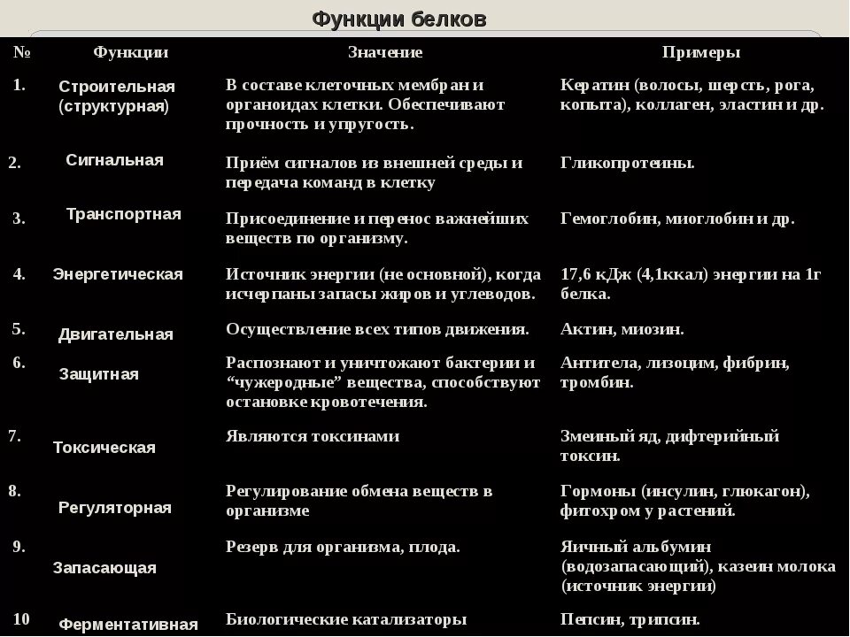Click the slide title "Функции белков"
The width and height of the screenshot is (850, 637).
(x=398, y=19)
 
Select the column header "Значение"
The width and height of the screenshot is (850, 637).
(x=384, y=52)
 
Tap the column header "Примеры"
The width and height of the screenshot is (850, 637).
(x=700, y=52)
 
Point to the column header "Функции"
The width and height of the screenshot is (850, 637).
(x=130, y=52)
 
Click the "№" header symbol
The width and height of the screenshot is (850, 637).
(x=22, y=52)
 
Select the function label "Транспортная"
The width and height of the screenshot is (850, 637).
(x=123, y=214)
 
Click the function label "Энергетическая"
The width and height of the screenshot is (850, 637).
(x=118, y=274)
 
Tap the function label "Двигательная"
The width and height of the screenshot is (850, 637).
(x=115, y=334)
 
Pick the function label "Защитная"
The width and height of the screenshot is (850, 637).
(x=98, y=374)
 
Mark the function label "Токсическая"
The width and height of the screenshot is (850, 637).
(x=104, y=448)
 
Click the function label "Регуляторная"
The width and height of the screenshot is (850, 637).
(x=114, y=508)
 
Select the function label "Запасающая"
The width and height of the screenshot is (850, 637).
(x=104, y=568)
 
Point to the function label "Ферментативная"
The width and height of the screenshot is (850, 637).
(x=127, y=625)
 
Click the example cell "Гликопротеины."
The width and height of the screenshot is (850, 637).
(x=627, y=163)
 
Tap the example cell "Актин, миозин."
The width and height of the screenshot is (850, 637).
(x=622, y=329)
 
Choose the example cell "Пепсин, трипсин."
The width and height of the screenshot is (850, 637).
(x=630, y=619)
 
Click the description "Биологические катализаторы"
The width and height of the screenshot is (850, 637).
(x=345, y=619)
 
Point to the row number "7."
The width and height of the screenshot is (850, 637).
(x=15, y=435)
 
